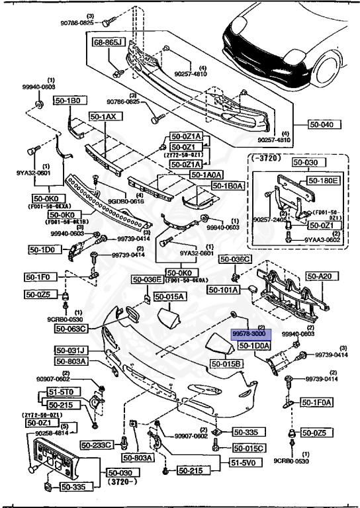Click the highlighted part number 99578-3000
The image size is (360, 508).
[x=247, y=336]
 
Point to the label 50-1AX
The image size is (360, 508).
[x=103, y=116]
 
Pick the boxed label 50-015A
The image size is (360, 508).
[x=171, y=298]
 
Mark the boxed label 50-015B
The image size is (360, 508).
[x=226, y=364]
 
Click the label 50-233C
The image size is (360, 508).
[x=97, y=445]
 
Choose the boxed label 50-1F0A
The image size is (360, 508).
[x=318, y=402]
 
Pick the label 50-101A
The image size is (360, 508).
[x=223, y=290]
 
